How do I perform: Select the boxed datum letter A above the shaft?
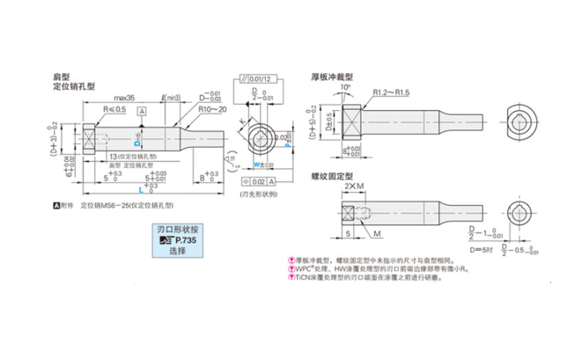(142, 111)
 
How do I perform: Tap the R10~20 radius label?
(210, 110)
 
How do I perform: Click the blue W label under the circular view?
(256, 164)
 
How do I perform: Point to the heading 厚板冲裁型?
(332, 77)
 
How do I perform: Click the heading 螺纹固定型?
(332, 176)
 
